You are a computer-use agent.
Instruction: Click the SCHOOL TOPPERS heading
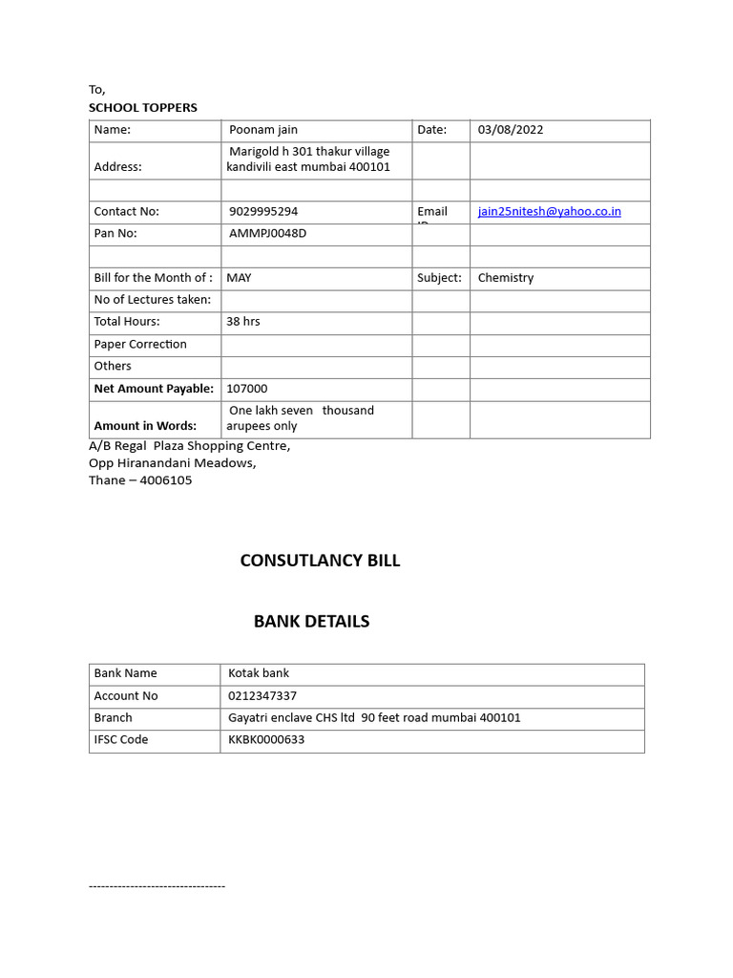143,108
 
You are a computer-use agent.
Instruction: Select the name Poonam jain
263,130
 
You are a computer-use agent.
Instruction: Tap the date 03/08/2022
511,130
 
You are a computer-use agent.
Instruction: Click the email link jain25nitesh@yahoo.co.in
549,211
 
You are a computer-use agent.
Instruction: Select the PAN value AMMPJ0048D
268,233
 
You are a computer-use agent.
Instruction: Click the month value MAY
239,278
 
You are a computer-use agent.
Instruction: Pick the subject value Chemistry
506,278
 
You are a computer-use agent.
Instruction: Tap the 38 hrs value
243,322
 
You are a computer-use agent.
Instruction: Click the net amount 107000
247,389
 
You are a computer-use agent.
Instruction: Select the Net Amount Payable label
154,389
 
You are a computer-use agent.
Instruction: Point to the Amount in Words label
145,426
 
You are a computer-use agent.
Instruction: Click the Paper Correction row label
140,344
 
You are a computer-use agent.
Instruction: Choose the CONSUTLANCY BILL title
320,561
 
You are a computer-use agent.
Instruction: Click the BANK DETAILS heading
311,622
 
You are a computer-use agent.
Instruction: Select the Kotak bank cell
259,673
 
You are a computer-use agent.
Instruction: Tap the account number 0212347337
262,696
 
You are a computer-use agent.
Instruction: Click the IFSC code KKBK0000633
266,740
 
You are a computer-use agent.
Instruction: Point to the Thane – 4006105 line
140,480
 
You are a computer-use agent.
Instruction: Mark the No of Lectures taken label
152,300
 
